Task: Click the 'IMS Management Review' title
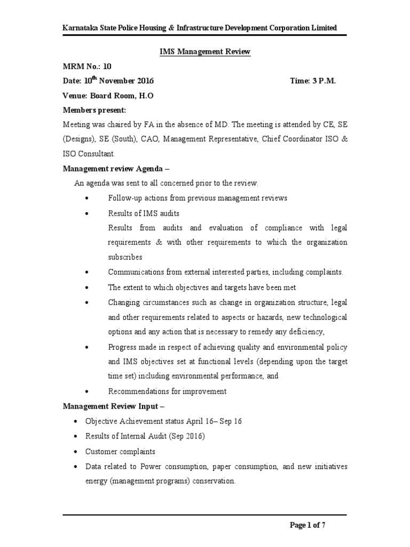[x=206, y=52]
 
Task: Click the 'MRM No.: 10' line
[x=88, y=66]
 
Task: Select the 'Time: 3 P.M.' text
[x=313, y=81]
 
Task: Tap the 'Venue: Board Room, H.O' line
[x=104, y=96]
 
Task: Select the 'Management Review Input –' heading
[x=113, y=406]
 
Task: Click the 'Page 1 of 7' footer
[x=307, y=525]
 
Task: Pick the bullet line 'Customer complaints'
[x=114, y=451]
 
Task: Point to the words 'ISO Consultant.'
[x=89, y=154]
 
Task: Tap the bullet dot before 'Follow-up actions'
[x=86, y=198]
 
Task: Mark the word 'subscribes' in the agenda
[x=125, y=257]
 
